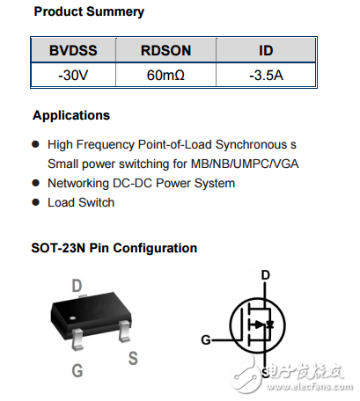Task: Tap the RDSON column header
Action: [x=165, y=52]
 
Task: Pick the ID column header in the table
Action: [x=265, y=52]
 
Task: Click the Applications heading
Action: [x=71, y=115]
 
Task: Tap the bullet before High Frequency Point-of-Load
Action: [x=36, y=143]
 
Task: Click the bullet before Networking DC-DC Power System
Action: [x=36, y=183]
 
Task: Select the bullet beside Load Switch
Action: [x=36, y=202]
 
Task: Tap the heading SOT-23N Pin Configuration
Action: [x=114, y=248]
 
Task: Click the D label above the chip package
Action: [x=77, y=285]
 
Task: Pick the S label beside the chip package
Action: [x=133, y=358]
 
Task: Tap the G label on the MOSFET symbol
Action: [x=206, y=339]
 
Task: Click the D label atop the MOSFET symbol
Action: [x=266, y=275]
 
